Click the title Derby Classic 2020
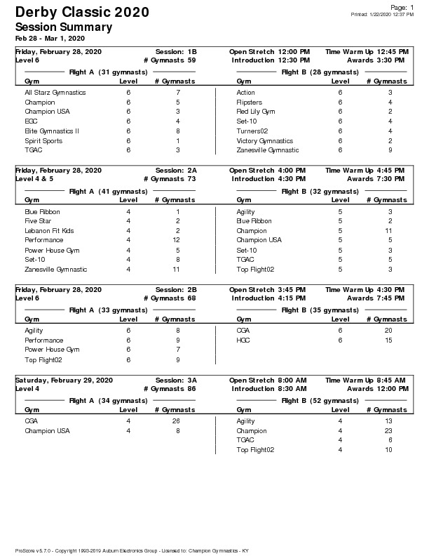tap(81, 13)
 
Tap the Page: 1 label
tap(402, 7)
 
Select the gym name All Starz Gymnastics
tap(55, 93)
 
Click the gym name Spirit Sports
tap(43, 140)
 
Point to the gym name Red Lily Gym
tap(256, 112)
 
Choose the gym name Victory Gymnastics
tap(265, 140)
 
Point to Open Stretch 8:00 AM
tap(268, 380)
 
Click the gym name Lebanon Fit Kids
tap(49, 231)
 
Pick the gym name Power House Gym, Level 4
tap(53, 250)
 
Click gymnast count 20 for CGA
tap(388, 330)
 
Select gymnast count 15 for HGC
tap(388, 340)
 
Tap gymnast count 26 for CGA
tap(176, 421)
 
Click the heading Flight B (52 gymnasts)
tap(311, 401)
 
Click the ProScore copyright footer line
tap(132, 550)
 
